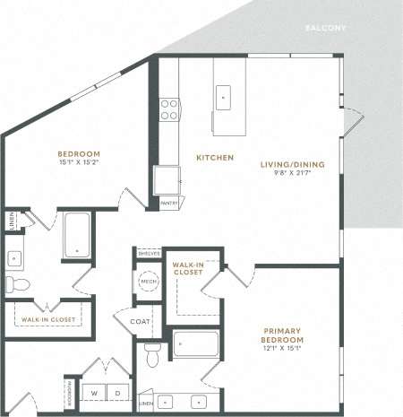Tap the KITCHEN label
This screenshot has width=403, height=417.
215,158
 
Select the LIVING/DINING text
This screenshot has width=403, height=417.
292,164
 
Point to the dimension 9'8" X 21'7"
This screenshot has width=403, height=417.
292,174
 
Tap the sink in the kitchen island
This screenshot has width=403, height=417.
223,96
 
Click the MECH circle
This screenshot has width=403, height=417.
148,282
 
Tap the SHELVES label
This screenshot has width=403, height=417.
148,254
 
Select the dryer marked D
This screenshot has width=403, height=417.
117,392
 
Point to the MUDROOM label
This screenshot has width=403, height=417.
69,392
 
